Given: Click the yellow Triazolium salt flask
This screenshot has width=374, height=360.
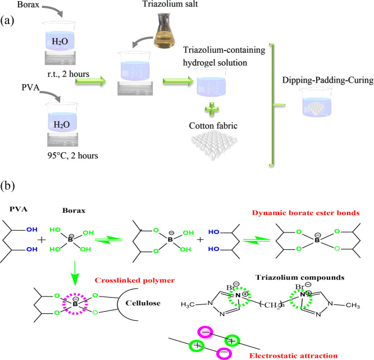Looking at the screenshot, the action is tap(165, 30).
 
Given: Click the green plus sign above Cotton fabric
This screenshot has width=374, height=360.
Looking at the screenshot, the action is tap(212, 110).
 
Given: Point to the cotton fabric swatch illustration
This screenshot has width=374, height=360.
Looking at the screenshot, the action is tap(214, 145).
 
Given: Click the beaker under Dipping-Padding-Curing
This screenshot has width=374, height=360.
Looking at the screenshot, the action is tap(316, 102).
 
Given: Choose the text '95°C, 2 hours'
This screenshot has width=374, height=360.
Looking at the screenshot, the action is tap(73, 156).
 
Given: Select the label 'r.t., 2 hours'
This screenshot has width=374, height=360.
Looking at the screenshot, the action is tap(68, 74).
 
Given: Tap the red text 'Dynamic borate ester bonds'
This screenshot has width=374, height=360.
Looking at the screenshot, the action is tap(305, 213).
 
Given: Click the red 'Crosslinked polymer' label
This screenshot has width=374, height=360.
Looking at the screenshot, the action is tap(135, 280).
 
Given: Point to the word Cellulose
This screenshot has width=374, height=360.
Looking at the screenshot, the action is tap(143, 303).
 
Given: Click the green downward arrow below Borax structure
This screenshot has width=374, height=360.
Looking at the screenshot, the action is tap(75, 273).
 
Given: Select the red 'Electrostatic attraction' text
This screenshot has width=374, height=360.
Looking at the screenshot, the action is tap(293, 356).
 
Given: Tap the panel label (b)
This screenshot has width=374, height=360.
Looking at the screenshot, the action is tap(7, 186).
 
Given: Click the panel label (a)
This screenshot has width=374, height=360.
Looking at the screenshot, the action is tap(7, 21).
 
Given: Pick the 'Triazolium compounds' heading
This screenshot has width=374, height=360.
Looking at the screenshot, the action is tap(300, 277).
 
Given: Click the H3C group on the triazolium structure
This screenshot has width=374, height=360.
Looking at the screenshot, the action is tap(188, 304).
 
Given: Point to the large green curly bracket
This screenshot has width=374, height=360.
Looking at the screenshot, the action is tap(272, 105).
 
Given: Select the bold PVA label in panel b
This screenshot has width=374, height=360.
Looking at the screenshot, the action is tap(19, 209).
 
